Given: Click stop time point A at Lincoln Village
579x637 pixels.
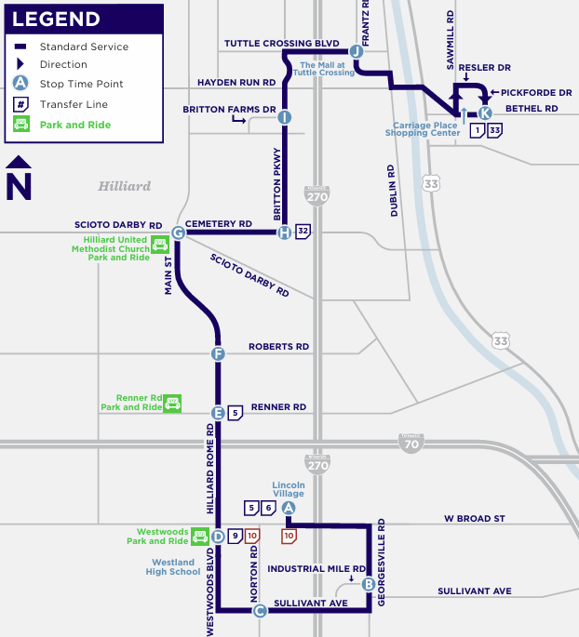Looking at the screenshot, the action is [x=289, y=508].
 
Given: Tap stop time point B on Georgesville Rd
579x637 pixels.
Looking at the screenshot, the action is [x=369, y=584].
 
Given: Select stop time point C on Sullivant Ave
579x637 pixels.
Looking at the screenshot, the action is [x=260, y=611].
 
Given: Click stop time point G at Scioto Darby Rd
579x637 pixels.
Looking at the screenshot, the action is [x=178, y=233].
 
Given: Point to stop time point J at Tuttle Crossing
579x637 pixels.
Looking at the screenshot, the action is [x=356, y=52].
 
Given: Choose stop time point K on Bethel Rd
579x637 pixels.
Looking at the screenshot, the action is [x=485, y=113].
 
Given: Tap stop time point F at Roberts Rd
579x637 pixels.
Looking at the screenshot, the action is [x=218, y=353].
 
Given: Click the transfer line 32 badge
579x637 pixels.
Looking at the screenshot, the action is [x=303, y=232].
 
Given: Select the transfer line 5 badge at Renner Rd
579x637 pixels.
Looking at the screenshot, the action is [x=236, y=412].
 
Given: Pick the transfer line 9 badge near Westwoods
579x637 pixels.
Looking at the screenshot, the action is [x=236, y=536].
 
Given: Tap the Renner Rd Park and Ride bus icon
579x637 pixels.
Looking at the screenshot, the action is [x=172, y=403].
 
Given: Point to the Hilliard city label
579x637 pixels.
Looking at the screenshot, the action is [x=124, y=186].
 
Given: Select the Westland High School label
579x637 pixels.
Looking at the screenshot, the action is [x=173, y=567].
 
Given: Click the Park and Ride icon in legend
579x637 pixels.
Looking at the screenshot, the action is [x=20, y=124].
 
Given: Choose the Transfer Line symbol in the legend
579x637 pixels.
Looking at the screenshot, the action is [x=20, y=104].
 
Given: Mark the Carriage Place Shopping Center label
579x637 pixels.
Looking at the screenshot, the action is [x=423, y=129].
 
